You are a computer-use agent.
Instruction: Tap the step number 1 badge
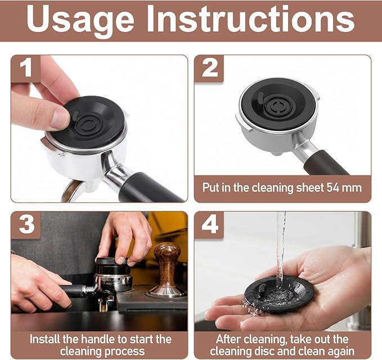point(25,69)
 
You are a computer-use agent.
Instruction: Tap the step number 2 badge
point(209,69)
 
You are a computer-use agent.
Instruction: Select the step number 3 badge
point(25,225)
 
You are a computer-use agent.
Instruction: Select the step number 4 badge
point(209,225)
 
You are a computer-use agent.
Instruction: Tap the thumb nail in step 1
point(60,118)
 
